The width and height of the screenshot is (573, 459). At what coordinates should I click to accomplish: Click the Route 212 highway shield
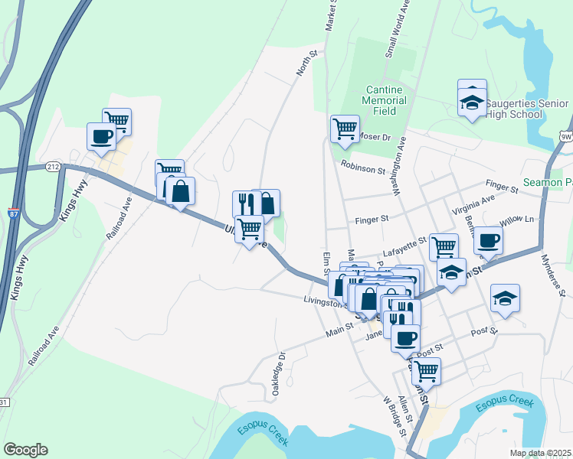(x=53, y=166)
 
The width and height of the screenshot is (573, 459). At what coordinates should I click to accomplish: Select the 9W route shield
(x=566, y=136)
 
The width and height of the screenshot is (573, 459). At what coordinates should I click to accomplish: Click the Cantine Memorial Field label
(x=385, y=100)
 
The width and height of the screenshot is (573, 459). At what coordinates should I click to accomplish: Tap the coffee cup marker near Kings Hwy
(x=101, y=137)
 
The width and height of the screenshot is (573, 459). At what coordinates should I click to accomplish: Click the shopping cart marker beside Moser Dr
(x=345, y=128)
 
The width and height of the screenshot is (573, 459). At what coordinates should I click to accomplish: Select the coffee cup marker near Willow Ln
(x=488, y=241)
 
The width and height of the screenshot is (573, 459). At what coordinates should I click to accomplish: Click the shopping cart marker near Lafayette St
(x=444, y=247)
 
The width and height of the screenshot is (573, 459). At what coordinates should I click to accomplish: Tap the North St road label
(x=307, y=64)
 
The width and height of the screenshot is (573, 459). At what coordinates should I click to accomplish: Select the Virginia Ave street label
(x=473, y=203)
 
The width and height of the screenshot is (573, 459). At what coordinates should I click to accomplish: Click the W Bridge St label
(x=395, y=416)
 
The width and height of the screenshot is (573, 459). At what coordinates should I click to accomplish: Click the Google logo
(x=25, y=450)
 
